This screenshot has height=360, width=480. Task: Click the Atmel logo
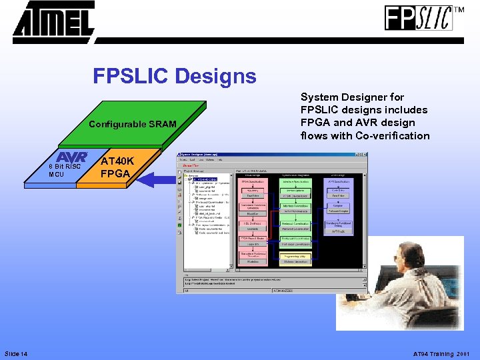point(53,21)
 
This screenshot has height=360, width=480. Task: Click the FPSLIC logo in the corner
point(418,18)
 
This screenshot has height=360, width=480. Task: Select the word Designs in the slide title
point(216,77)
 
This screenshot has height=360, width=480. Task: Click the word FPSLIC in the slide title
point(131,77)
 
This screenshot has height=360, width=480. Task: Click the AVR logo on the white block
point(72,157)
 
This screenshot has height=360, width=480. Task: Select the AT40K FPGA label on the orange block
point(118,167)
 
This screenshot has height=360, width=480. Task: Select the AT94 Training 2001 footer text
point(441,353)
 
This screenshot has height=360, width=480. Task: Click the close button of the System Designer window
point(363,155)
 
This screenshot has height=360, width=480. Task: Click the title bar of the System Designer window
point(267,155)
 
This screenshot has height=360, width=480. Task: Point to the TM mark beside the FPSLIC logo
point(459,10)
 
